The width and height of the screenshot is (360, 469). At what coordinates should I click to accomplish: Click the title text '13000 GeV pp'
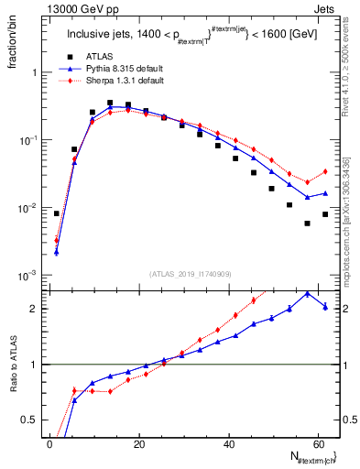72,8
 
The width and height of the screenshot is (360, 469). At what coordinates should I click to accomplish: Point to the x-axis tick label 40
229,443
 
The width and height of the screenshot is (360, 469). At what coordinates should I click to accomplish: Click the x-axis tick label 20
139,443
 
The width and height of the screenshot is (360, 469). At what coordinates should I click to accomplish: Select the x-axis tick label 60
319,443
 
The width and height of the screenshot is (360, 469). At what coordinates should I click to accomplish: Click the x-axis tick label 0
49,443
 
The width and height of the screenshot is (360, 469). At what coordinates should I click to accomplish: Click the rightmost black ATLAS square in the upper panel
325,214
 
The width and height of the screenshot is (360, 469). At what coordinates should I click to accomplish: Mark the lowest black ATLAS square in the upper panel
307,224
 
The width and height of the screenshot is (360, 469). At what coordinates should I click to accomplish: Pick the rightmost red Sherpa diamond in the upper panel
325,171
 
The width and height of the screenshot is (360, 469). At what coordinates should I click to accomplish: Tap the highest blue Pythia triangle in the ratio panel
307,293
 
